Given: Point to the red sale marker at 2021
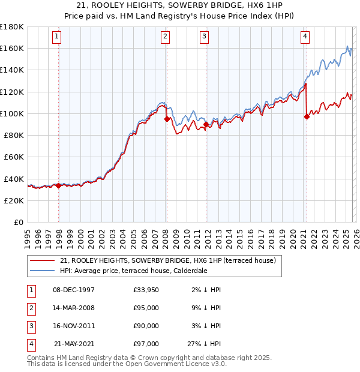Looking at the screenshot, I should pyautogui.click(x=307, y=117).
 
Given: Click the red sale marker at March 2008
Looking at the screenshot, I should pyautogui.click(x=167, y=119).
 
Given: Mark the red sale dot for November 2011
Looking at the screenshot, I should pyautogui.click(x=206, y=124).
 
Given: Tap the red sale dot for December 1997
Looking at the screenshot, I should pyautogui.click(x=58, y=186).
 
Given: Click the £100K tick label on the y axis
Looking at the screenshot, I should pyautogui.click(x=12, y=113).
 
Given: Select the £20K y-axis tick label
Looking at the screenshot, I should pyautogui.click(x=14, y=200).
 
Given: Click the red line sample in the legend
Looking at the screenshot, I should pyautogui.click(x=43, y=261).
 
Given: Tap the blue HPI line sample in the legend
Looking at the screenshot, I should pyautogui.click(x=43, y=271).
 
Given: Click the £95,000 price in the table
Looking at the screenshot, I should pyautogui.click(x=146, y=308).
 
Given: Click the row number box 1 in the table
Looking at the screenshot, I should pyautogui.click(x=31, y=290).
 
